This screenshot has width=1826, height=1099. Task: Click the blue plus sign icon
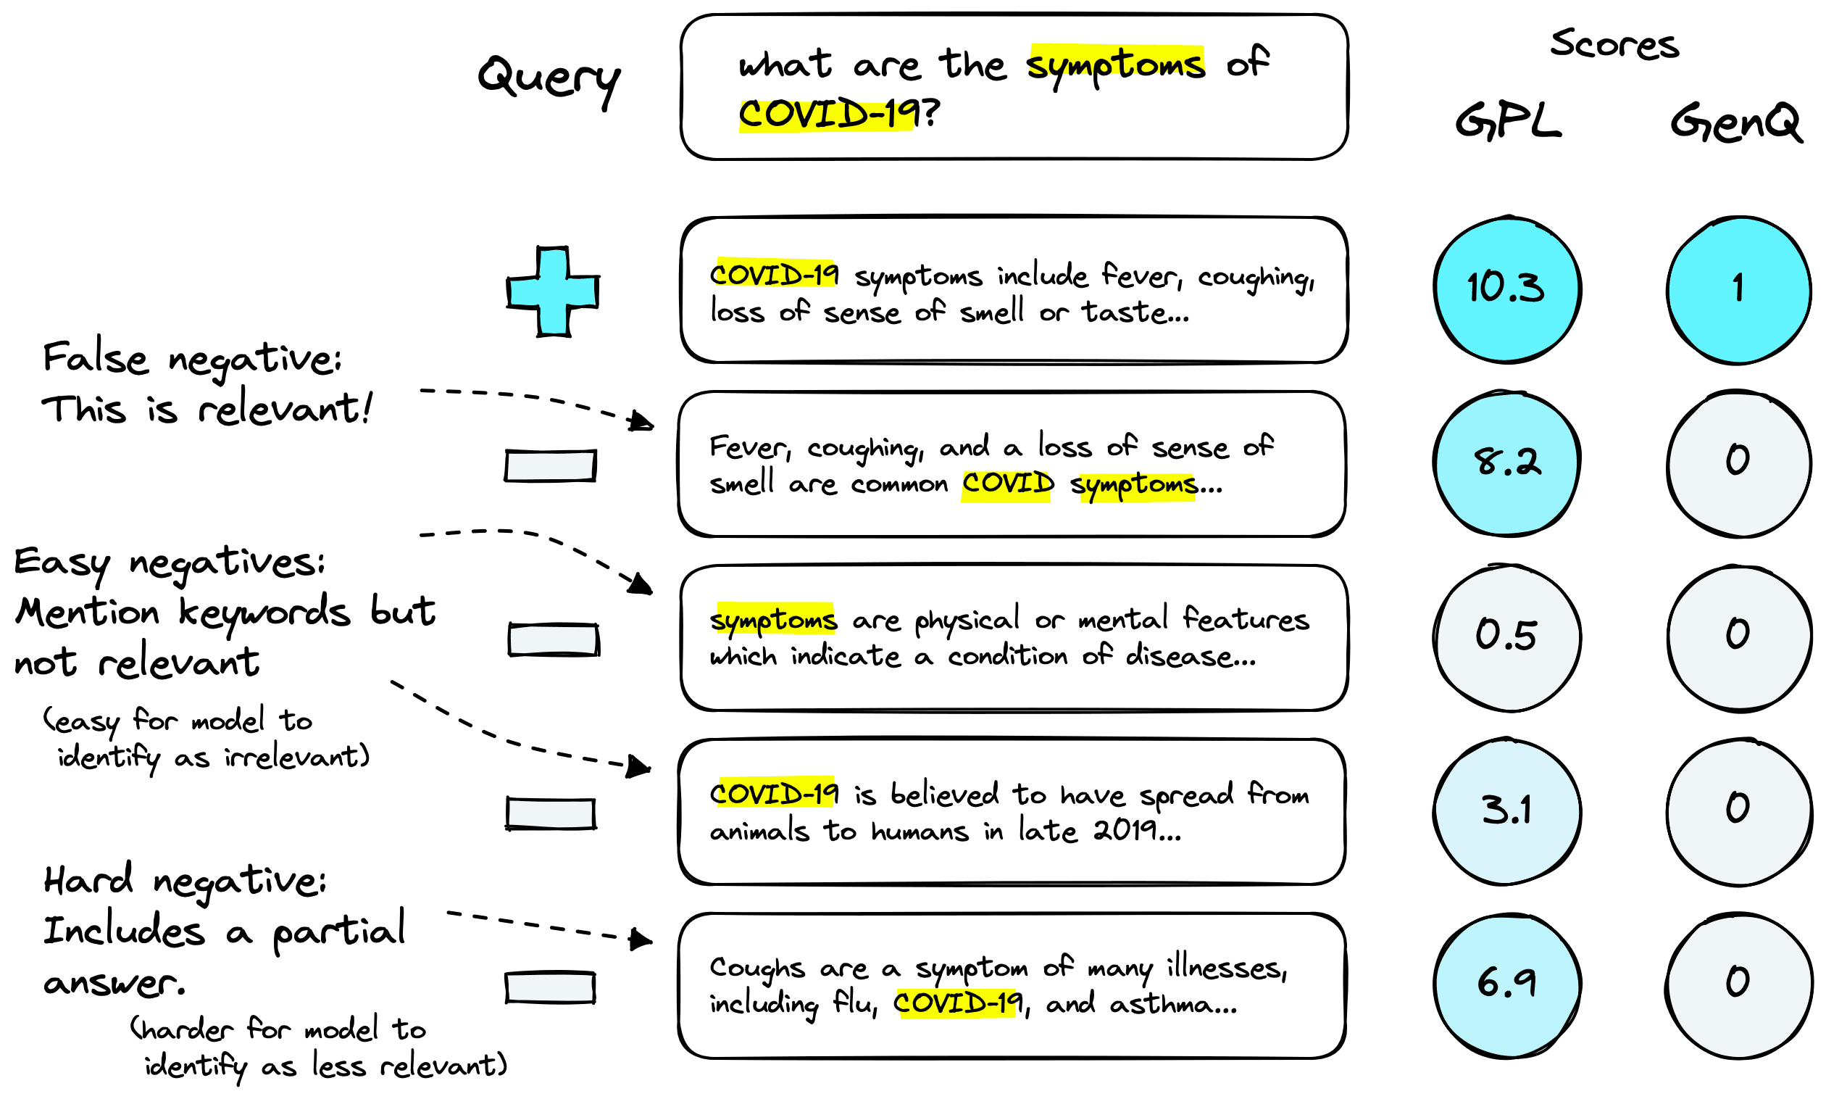click(x=552, y=291)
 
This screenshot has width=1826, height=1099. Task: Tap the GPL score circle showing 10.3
click(x=1506, y=289)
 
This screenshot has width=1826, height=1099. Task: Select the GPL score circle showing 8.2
click(x=1506, y=463)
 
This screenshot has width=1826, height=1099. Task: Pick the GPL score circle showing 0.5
click(x=1506, y=637)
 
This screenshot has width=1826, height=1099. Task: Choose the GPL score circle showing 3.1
click(x=1506, y=811)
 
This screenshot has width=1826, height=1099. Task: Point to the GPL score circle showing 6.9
click(x=1506, y=984)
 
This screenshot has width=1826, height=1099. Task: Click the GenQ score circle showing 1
click(x=1737, y=289)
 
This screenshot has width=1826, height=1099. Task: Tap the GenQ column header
click(x=1736, y=123)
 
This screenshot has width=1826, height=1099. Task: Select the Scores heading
click(x=1614, y=44)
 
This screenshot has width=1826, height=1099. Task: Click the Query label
click(x=549, y=79)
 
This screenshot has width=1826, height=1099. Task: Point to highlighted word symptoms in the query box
click(x=1114, y=65)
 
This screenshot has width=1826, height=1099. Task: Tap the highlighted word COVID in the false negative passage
click(x=1007, y=484)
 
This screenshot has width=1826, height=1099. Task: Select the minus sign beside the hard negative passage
click(x=550, y=987)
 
